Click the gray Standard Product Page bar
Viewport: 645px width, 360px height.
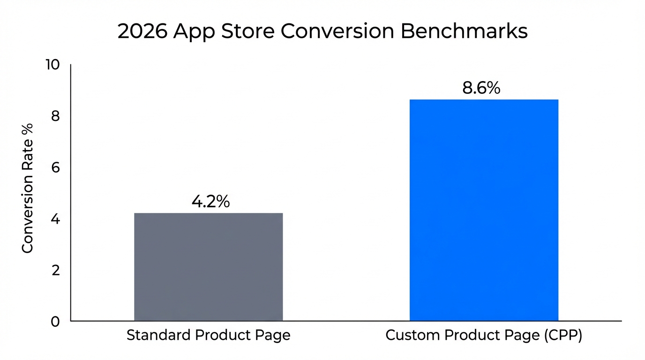[x=208, y=267]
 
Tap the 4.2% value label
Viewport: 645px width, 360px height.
[x=210, y=202]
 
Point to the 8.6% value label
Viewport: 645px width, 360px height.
[x=481, y=88]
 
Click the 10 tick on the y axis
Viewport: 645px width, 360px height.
[x=52, y=65]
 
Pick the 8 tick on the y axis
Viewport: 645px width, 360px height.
[x=55, y=116]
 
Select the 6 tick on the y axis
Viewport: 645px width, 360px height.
[x=55, y=167]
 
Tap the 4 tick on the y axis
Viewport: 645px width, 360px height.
[x=55, y=219]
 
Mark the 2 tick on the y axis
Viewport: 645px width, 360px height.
[x=55, y=270]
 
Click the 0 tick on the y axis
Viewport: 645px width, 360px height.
[x=55, y=322]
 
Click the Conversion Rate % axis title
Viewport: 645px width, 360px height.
[x=28, y=188]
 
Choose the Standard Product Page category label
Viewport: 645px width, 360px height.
[x=209, y=336]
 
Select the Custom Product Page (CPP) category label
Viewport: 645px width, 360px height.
[x=484, y=336]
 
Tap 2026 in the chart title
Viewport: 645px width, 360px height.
[x=142, y=32]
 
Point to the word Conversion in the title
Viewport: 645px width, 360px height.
[x=339, y=32]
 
